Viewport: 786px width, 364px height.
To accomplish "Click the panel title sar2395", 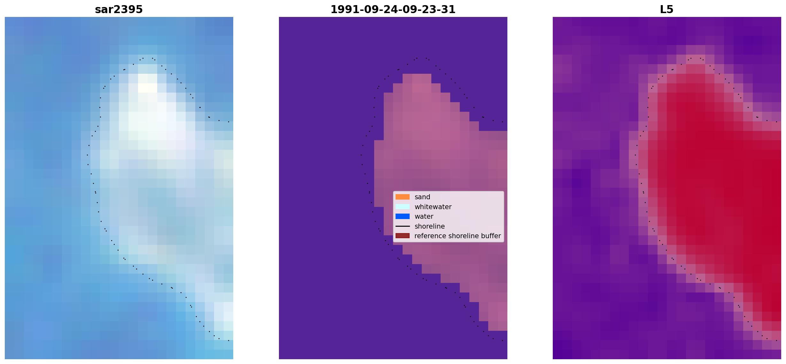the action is point(119,10).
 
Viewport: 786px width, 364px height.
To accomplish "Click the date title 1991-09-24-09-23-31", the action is point(393,10).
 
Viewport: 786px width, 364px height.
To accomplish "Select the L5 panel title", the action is point(667,10).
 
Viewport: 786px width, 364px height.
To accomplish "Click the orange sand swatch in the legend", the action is point(403,197).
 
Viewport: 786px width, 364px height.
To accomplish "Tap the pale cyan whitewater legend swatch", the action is point(403,207).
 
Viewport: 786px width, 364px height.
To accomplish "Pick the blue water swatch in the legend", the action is point(403,216).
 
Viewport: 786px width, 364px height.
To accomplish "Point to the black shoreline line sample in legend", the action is point(403,226).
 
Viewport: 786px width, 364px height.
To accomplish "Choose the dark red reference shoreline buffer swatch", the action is point(403,236).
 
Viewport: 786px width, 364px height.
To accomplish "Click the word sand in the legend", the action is point(422,197).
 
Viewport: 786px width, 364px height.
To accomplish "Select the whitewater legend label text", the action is point(433,207).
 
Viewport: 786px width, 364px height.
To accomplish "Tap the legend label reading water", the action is point(424,216).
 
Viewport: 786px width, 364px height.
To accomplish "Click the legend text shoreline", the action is point(430,226).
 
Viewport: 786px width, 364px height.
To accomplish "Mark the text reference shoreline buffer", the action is point(458,236).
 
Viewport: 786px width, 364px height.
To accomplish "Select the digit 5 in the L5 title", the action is point(670,10).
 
